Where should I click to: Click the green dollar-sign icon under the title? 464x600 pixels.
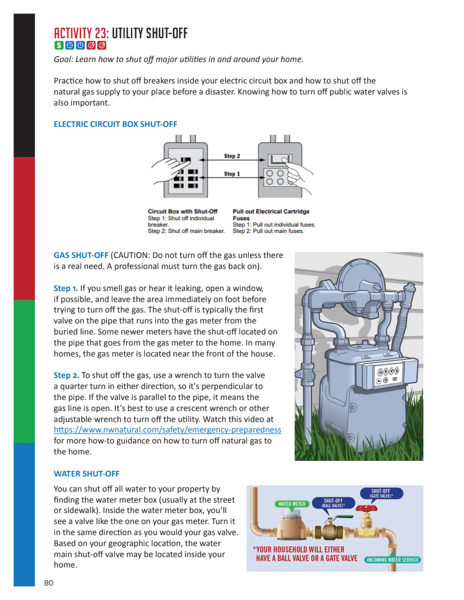59,45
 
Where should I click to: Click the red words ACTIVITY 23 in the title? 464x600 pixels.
81,33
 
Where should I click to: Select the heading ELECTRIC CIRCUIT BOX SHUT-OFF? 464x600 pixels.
115,125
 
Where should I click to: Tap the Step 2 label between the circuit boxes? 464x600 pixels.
232,156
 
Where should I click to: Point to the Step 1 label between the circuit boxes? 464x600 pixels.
232,174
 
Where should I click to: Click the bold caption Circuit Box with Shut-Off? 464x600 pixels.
183,211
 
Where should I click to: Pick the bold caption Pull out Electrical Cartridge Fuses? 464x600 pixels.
271,214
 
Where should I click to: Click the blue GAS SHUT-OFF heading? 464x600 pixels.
81,255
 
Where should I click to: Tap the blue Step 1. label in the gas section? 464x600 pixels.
66,289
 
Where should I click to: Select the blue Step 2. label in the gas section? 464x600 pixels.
66,376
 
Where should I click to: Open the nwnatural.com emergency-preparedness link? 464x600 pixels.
167,430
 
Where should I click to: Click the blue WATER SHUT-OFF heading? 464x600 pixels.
86,474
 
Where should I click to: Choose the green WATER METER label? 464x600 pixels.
292,504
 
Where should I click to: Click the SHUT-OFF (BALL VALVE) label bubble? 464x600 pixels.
333,503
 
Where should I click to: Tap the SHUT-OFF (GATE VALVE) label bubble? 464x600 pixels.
381,493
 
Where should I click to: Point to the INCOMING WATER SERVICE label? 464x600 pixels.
393,560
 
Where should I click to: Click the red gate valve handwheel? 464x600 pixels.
367,508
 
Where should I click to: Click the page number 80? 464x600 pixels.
49,583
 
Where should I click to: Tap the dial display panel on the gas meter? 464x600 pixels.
387,374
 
